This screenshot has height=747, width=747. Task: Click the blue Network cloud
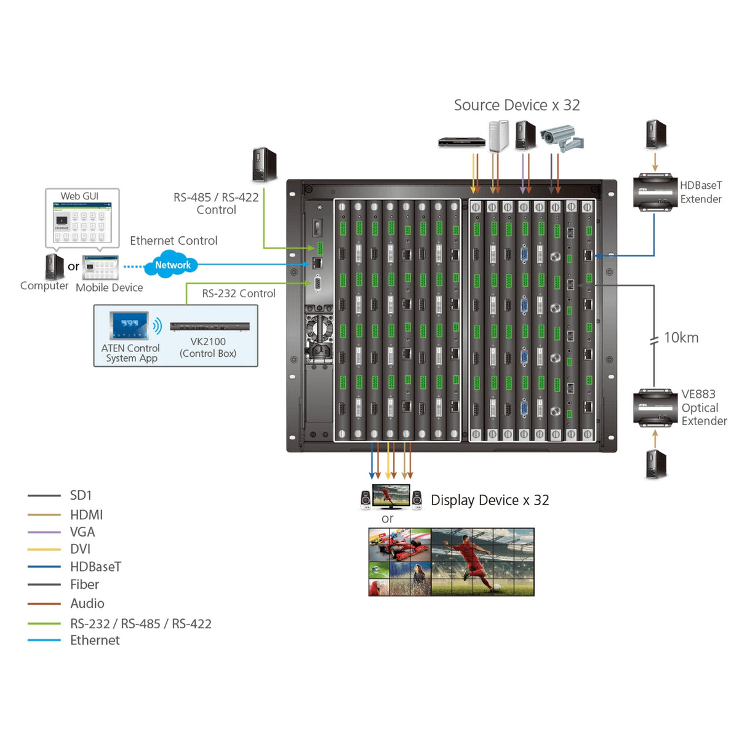[x=171, y=265]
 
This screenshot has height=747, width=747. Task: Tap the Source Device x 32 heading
[x=516, y=105]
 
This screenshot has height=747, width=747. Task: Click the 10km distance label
[x=681, y=338]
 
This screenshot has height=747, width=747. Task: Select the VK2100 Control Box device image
[x=210, y=326]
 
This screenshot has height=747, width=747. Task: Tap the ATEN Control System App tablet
[x=129, y=326]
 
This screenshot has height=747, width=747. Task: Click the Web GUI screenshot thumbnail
[x=82, y=219]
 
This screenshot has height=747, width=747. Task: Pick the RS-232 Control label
[x=239, y=294]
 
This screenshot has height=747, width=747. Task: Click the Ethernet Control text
[x=174, y=241]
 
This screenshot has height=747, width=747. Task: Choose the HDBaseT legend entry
[x=95, y=567]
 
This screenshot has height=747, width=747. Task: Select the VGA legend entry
[x=82, y=532]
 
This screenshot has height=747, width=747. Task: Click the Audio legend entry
[x=87, y=604]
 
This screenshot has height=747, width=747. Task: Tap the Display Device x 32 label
[x=490, y=500]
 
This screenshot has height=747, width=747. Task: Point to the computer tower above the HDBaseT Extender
[x=655, y=135]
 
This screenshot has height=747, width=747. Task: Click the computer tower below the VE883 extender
[x=655, y=464]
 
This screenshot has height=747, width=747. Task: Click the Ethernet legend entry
[x=95, y=640]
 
